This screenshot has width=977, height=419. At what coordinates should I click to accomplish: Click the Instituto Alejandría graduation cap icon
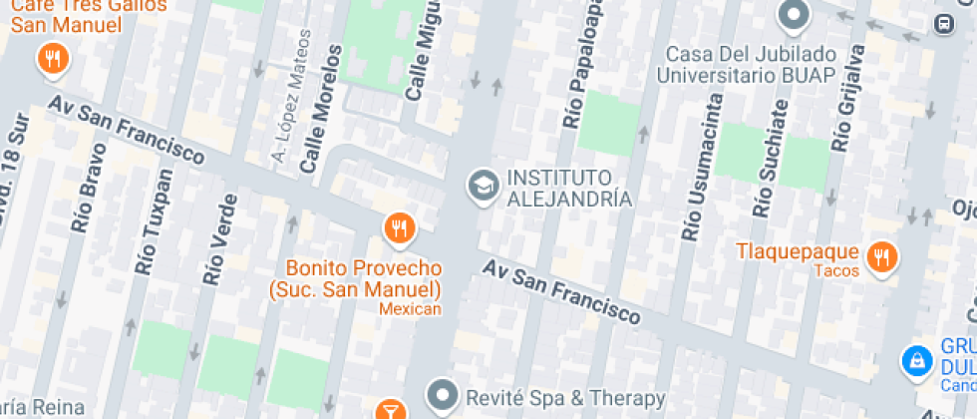(x=485, y=185)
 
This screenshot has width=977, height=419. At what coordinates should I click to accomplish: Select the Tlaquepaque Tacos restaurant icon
(x=881, y=257)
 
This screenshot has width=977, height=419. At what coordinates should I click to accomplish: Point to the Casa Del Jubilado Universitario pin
(x=794, y=15)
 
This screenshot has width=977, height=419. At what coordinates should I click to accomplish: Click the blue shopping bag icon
(x=914, y=361)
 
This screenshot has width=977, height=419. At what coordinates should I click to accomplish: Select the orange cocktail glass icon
(x=391, y=410)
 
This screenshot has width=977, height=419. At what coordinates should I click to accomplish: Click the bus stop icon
(x=942, y=22)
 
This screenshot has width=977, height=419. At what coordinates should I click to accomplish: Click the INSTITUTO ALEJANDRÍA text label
(x=569, y=188)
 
